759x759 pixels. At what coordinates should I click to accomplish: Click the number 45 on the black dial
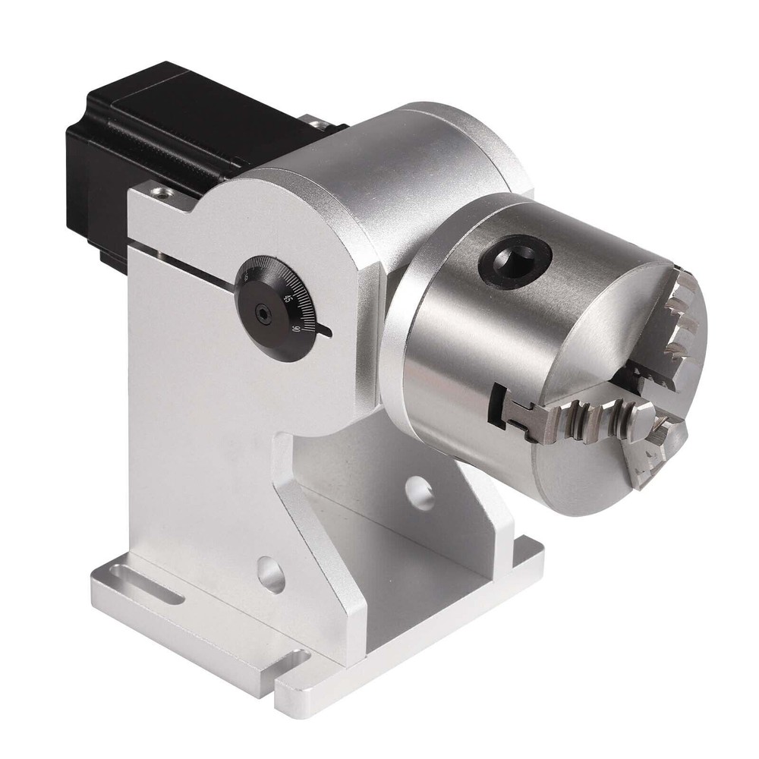(x=286, y=298)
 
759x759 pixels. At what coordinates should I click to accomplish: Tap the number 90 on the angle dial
(x=295, y=328)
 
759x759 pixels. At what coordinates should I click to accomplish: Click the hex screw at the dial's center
(x=263, y=313)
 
